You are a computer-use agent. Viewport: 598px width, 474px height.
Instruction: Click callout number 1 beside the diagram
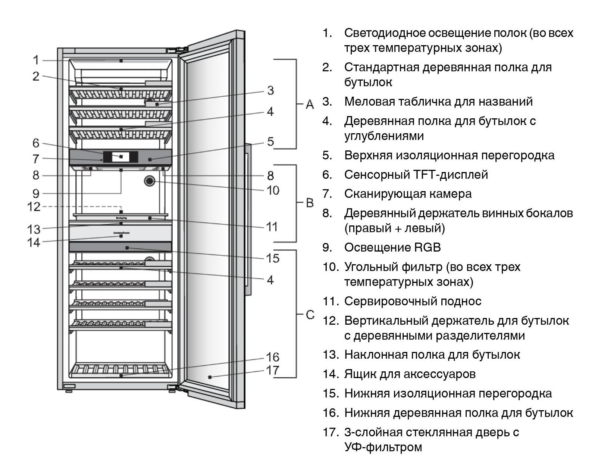coord(36,60)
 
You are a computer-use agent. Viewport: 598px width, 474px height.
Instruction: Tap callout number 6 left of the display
coord(36,143)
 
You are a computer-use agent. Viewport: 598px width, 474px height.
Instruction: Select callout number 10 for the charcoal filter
coord(273,190)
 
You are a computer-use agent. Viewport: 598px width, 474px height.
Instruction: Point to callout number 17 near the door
coord(273,370)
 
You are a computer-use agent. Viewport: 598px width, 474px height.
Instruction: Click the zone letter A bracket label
coord(310,104)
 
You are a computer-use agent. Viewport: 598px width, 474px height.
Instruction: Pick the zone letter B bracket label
coord(310,203)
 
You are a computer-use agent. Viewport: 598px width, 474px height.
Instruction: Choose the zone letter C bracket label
coord(310,315)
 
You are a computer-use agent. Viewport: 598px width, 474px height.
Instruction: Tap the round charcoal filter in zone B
coord(150,181)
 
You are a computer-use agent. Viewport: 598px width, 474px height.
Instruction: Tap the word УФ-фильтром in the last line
coord(383,447)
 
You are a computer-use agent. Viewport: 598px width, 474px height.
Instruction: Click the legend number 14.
coord(331,374)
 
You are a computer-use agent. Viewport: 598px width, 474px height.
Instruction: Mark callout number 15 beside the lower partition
coord(273,258)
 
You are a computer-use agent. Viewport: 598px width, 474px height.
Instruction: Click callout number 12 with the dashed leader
coord(34,206)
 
